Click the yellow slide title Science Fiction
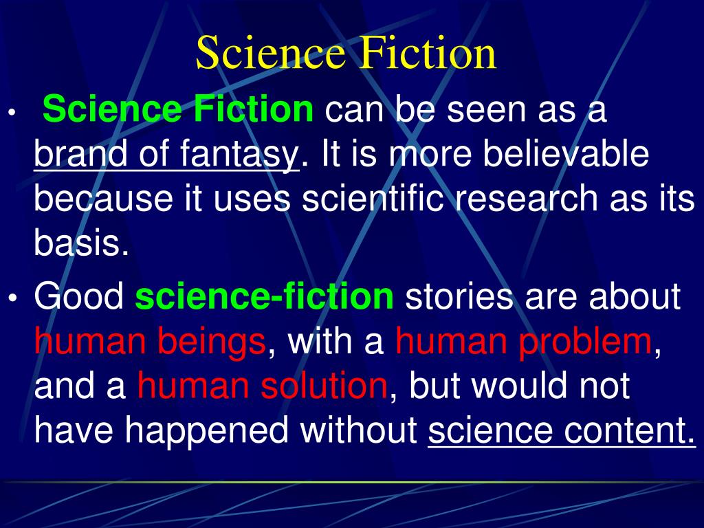click(346, 54)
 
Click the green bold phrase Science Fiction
click(177, 110)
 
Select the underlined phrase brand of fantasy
click(166, 155)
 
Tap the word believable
click(565, 155)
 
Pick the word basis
click(81, 244)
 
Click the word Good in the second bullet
click(79, 297)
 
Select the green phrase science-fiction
click(265, 297)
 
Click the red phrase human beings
click(150, 342)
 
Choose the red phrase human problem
click(523, 342)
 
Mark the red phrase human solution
click(262, 386)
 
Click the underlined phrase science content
click(561, 431)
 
